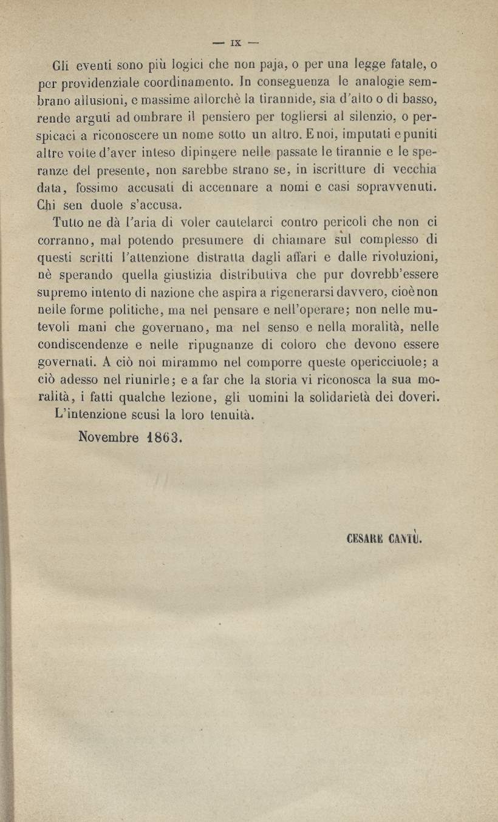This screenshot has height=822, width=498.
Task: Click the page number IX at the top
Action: pyautogui.click(x=236, y=43)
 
